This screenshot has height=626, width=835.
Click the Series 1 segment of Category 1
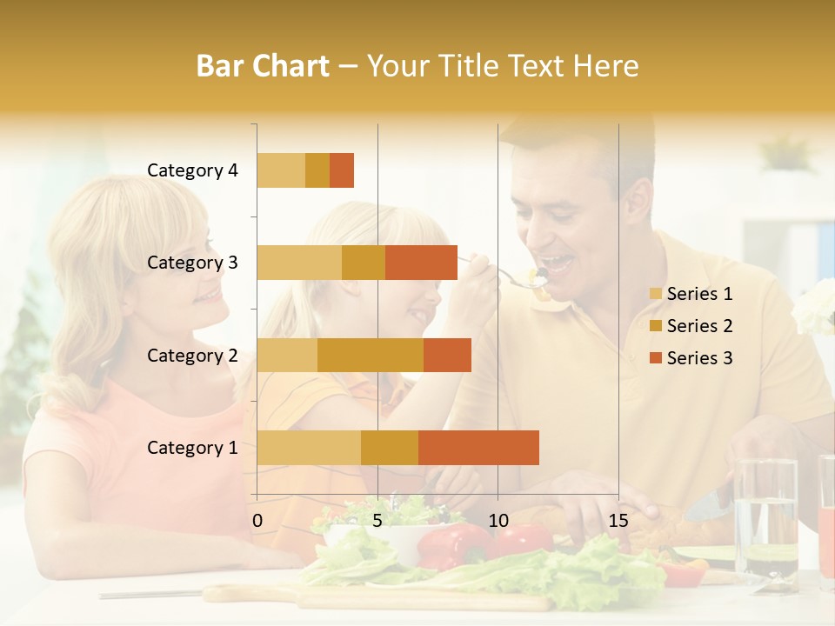(309, 447)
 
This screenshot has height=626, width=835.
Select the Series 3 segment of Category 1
(478, 447)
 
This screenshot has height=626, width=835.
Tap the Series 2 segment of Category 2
(371, 355)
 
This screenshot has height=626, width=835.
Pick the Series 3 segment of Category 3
(421, 263)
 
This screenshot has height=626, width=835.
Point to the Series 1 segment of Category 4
(281, 170)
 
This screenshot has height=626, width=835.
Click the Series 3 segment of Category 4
(342, 170)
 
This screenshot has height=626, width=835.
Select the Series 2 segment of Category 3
(364, 263)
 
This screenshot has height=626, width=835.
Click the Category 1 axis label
(192, 448)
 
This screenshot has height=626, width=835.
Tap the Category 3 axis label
(192, 263)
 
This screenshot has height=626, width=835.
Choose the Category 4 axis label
(192, 170)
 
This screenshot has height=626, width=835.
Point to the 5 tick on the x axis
(377, 521)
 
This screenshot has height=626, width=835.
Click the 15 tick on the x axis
(618, 521)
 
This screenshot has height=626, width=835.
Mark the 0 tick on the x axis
(257, 521)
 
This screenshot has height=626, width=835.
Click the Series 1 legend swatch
(655, 294)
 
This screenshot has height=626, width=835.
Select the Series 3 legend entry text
(699, 358)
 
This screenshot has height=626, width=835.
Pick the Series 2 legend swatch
(655, 326)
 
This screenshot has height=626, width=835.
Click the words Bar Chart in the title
(263, 66)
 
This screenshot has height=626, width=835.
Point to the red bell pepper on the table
(452, 544)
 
